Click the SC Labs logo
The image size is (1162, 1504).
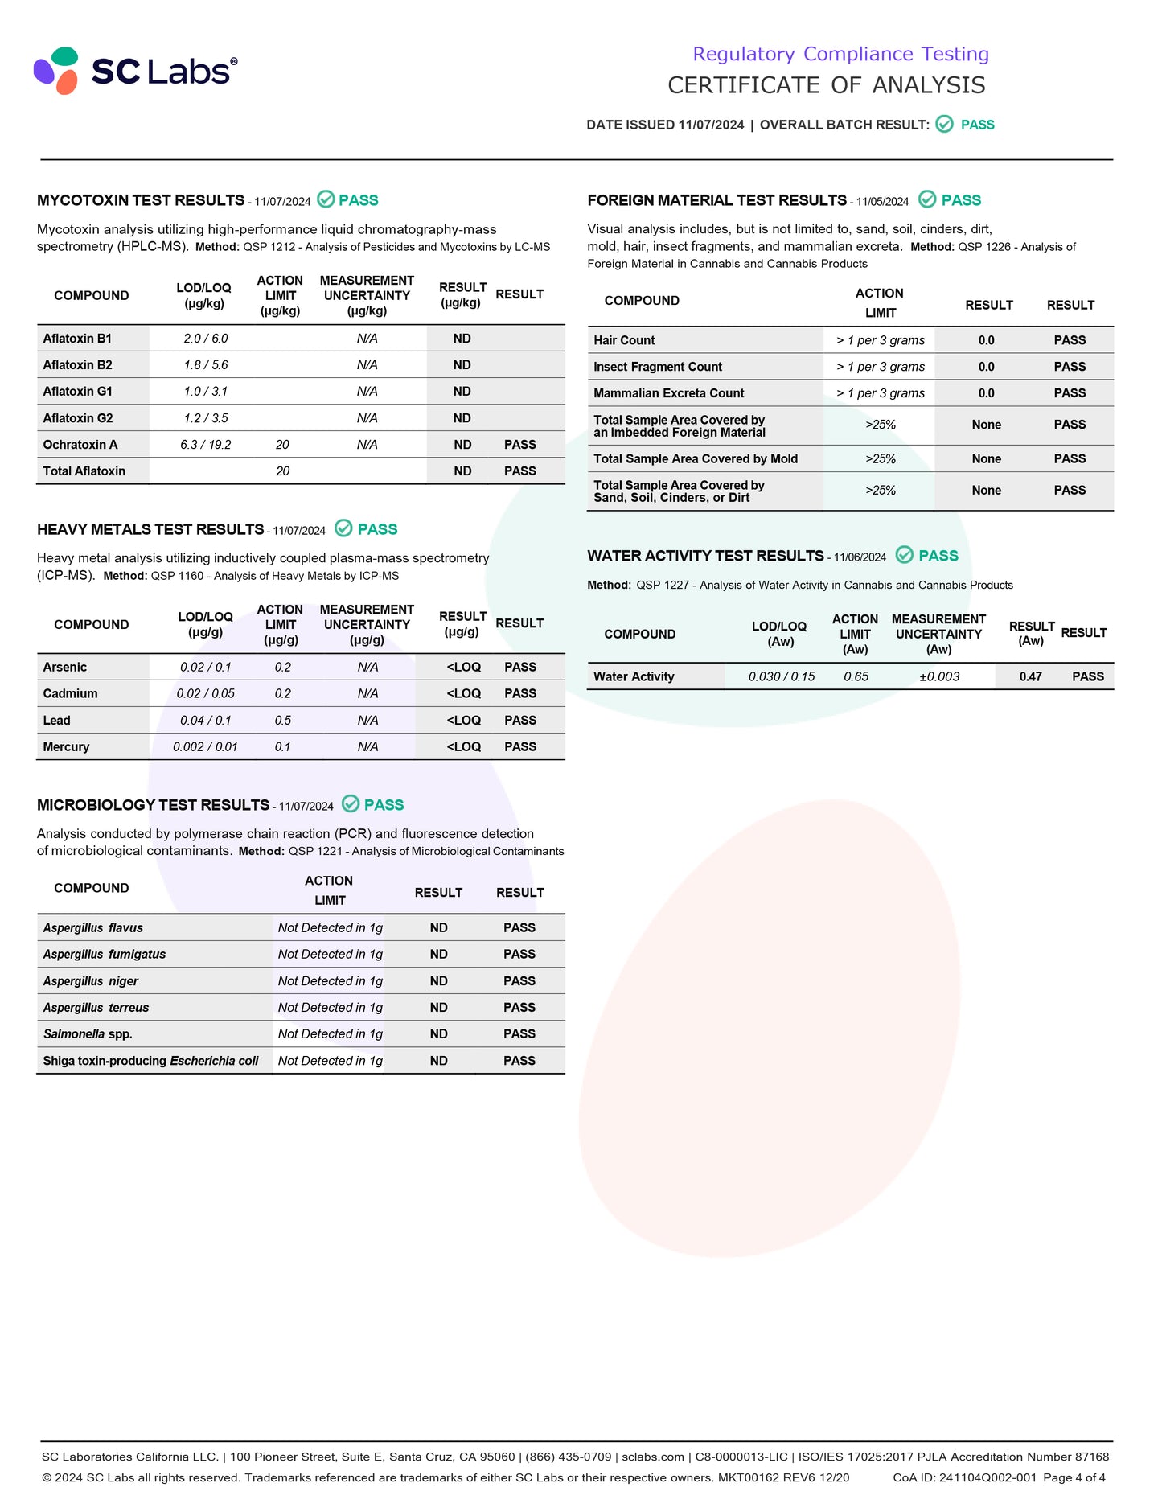(135, 71)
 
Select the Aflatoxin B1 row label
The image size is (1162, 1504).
(77, 339)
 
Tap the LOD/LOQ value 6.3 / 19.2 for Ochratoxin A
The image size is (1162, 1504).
(206, 445)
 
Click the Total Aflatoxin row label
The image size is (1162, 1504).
(84, 471)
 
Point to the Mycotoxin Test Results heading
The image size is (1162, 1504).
(141, 200)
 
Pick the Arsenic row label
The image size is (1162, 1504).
(65, 667)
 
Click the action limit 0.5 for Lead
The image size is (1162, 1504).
(283, 721)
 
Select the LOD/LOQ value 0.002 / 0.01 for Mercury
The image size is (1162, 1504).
(206, 747)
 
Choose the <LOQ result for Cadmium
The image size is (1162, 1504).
(464, 693)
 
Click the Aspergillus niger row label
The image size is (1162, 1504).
(91, 981)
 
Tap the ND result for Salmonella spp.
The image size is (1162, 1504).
(439, 1034)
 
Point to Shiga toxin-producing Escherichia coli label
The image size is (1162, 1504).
(151, 1061)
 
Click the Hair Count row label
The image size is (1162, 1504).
(624, 340)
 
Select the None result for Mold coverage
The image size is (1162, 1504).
(987, 459)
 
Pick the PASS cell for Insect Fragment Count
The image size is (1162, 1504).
(1070, 367)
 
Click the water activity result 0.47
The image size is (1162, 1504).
(1031, 677)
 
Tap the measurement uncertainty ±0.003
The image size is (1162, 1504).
(940, 677)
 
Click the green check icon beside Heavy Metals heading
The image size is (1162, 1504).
(343, 528)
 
